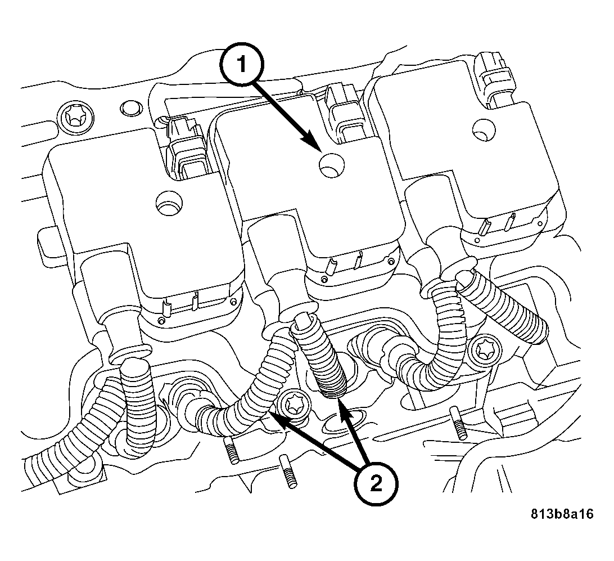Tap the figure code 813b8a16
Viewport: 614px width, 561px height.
click(x=561, y=514)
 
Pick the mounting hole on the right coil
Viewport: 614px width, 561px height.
click(x=481, y=128)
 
